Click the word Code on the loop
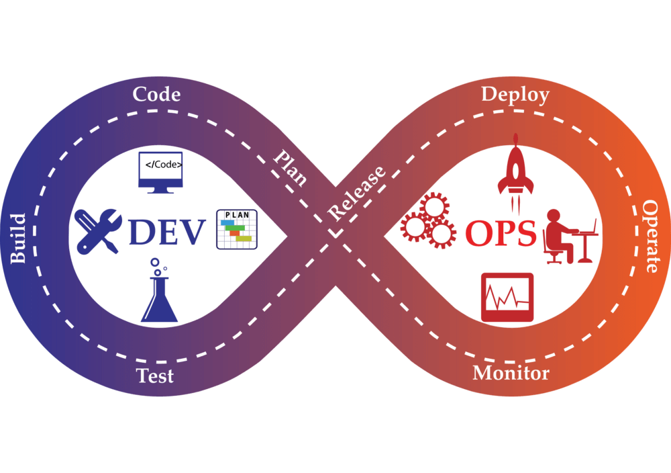click(156, 94)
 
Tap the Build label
click(18, 239)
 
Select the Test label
click(155, 375)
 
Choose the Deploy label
click(515, 95)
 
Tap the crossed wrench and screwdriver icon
click(98, 231)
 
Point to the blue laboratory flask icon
click(160, 300)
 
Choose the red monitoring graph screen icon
click(507, 296)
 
